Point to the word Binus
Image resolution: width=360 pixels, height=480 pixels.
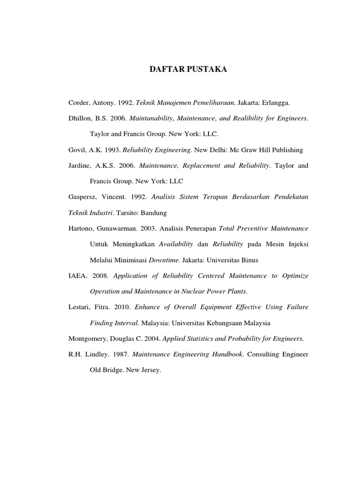pos(248,260)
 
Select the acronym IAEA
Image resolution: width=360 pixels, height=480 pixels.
pos(78,276)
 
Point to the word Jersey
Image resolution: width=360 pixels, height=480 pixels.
pos(150,370)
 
